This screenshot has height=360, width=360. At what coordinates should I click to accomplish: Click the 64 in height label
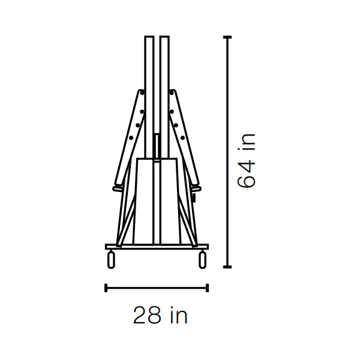pyautogui.click(x=246, y=160)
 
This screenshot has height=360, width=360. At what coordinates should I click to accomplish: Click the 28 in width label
pyautogui.click(x=160, y=315)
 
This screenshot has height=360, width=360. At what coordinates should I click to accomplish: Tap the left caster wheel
pyautogui.click(x=111, y=260)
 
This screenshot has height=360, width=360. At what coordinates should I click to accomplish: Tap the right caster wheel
pyautogui.click(x=203, y=260)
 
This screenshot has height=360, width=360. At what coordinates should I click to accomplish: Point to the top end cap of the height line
pyautogui.click(x=227, y=37)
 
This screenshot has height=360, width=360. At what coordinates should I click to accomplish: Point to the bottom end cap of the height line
pyautogui.click(x=227, y=267)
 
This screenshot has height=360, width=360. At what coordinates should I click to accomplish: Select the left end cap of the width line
pyautogui.click(x=106, y=288)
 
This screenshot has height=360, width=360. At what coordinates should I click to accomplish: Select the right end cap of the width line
pyautogui.click(x=208, y=288)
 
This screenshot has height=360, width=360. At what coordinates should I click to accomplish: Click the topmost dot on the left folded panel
pyautogui.click(x=142, y=93)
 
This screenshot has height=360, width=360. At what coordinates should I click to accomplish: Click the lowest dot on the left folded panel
pyautogui.click(x=131, y=138)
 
